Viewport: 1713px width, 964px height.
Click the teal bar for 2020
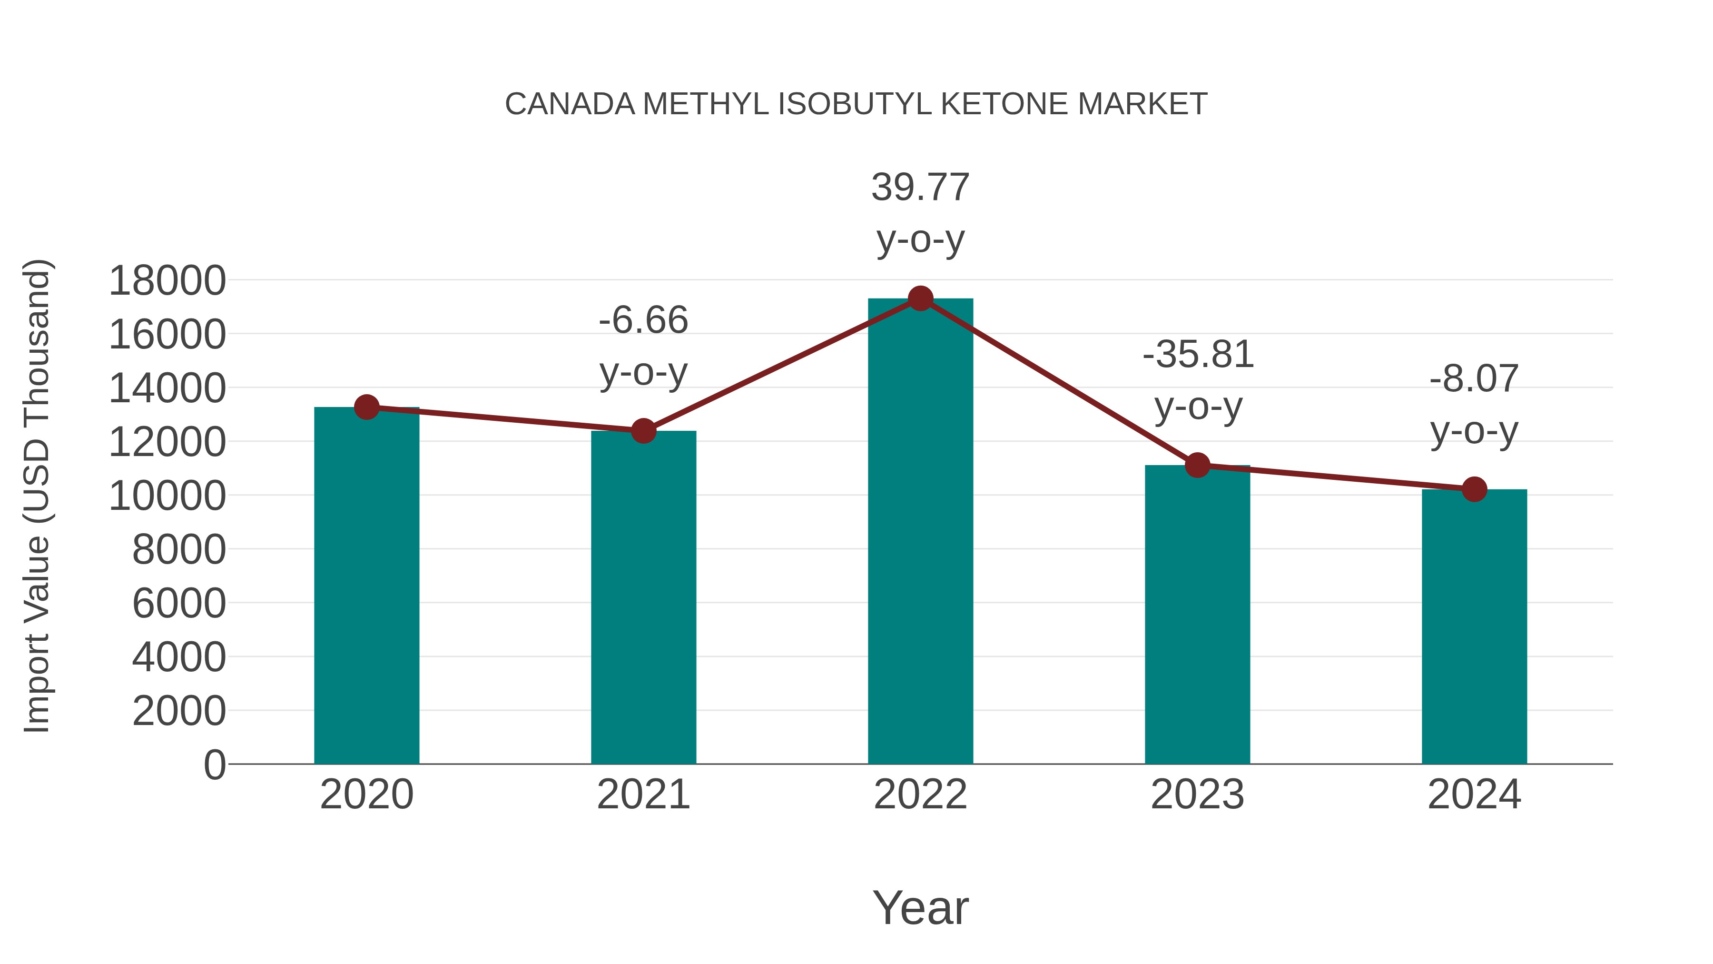click(366, 586)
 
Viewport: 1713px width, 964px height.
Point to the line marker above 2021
click(643, 431)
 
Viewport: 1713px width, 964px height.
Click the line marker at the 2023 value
click(1197, 465)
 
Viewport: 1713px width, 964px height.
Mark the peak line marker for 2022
click(920, 298)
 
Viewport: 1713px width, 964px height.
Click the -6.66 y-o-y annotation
click(643, 346)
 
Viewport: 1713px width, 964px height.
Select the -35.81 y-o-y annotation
click(1198, 380)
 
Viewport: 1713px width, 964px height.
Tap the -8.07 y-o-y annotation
click(1474, 405)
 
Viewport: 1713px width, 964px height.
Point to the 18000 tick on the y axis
click(167, 281)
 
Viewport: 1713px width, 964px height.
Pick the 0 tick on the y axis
click(215, 765)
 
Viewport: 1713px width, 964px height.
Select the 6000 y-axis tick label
click(179, 604)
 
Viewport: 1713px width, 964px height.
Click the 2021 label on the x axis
click(643, 795)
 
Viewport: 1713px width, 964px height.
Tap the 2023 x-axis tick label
click(1197, 795)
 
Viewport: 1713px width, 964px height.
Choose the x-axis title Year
click(920, 907)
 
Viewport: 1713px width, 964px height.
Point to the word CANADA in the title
click(570, 104)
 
